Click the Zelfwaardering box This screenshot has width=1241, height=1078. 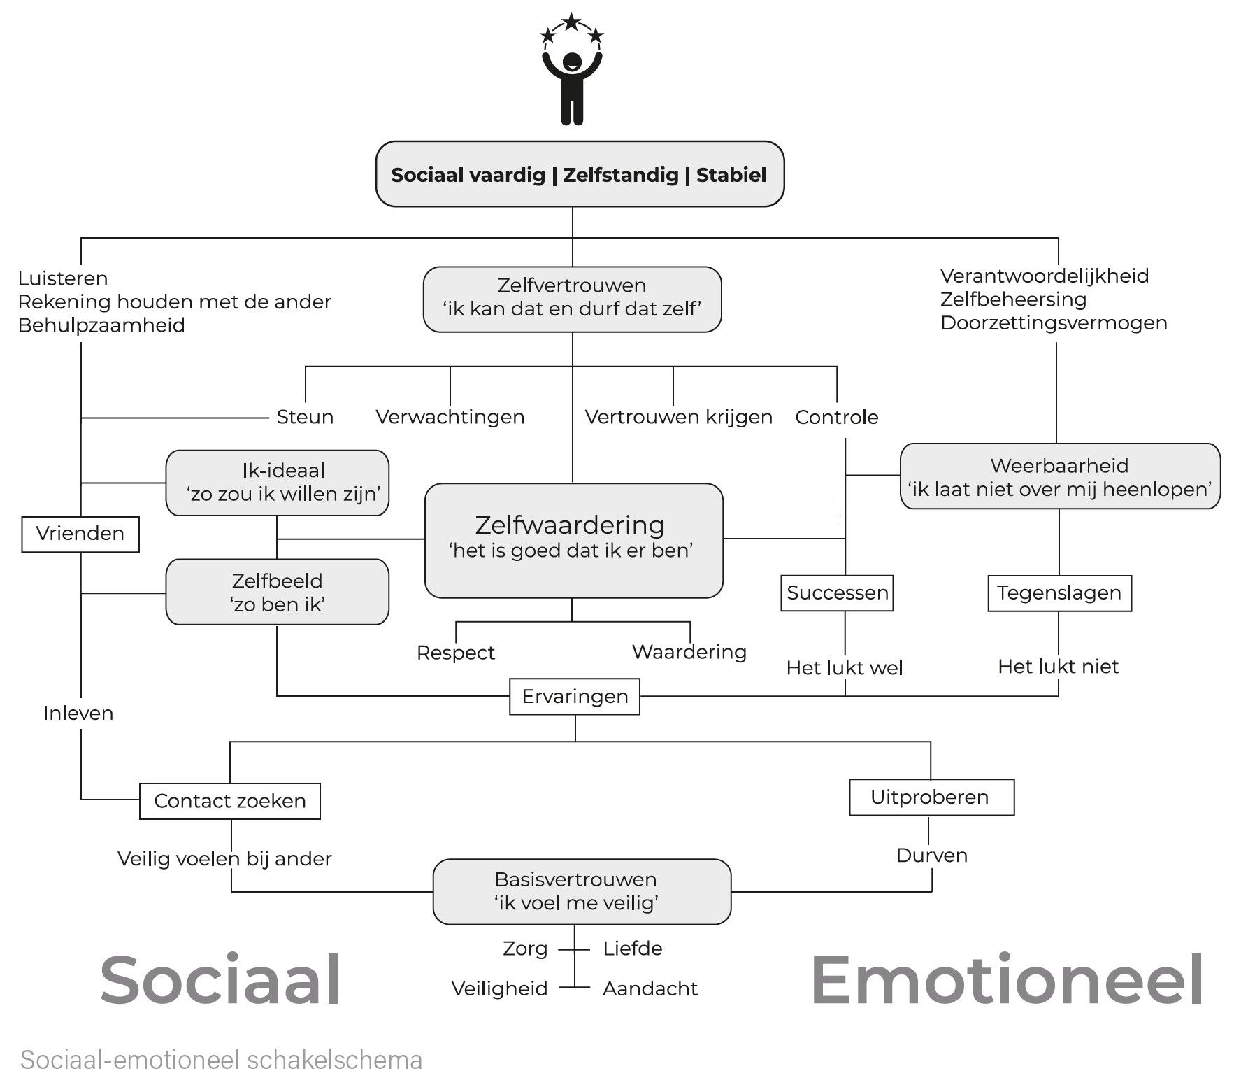[x=573, y=540]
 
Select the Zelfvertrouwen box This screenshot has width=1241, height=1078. [x=572, y=299]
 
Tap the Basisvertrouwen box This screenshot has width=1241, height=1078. [x=582, y=891]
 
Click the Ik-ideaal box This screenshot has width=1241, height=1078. [x=277, y=483]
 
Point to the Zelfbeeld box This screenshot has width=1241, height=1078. [x=277, y=592]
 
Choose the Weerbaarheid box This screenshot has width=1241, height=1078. [x=1059, y=476]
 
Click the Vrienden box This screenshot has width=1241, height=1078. [x=80, y=534]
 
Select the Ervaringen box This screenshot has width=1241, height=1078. [x=575, y=696]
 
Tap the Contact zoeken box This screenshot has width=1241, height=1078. [x=230, y=801]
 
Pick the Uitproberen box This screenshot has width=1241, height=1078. [x=931, y=797]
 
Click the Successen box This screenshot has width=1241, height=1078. [x=837, y=593]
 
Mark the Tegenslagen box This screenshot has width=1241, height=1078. [x=1059, y=593]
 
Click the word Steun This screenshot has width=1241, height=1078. [x=305, y=417]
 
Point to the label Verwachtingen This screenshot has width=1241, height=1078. [x=450, y=417]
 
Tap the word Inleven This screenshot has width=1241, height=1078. [x=78, y=714]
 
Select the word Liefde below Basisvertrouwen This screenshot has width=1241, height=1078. [x=632, y=949]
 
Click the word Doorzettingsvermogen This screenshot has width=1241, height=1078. [x=1053, y=323]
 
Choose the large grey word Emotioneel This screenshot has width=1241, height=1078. [x=1006, y=980]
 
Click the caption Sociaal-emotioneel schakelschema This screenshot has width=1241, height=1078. [x=221, y=1059]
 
